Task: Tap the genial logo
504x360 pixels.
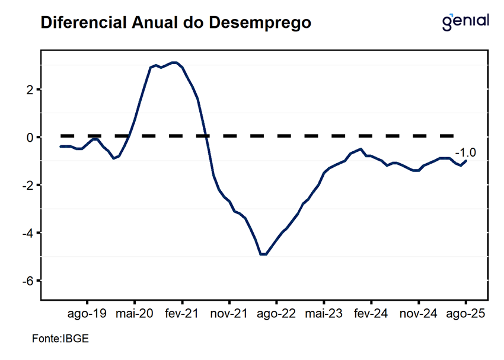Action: pos(466,21)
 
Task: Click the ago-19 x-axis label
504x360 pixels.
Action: pos(87,313)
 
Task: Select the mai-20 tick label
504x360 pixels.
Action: pos(135,313)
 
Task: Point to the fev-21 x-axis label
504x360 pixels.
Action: pos(182,313)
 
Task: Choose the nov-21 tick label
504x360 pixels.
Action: pos(229,313)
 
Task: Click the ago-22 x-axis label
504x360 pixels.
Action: pos(276,313)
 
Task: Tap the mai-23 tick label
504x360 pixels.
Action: pos(324,313)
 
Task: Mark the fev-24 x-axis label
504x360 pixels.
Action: pos(371,313)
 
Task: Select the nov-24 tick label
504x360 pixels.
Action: pos(418,313)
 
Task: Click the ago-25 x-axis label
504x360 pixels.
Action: pos(465,313)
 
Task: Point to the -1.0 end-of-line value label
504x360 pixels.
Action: pos(465,153)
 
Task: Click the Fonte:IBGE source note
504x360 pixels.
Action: pos(60,340)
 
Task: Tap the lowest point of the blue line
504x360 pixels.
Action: pos(263,254)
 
